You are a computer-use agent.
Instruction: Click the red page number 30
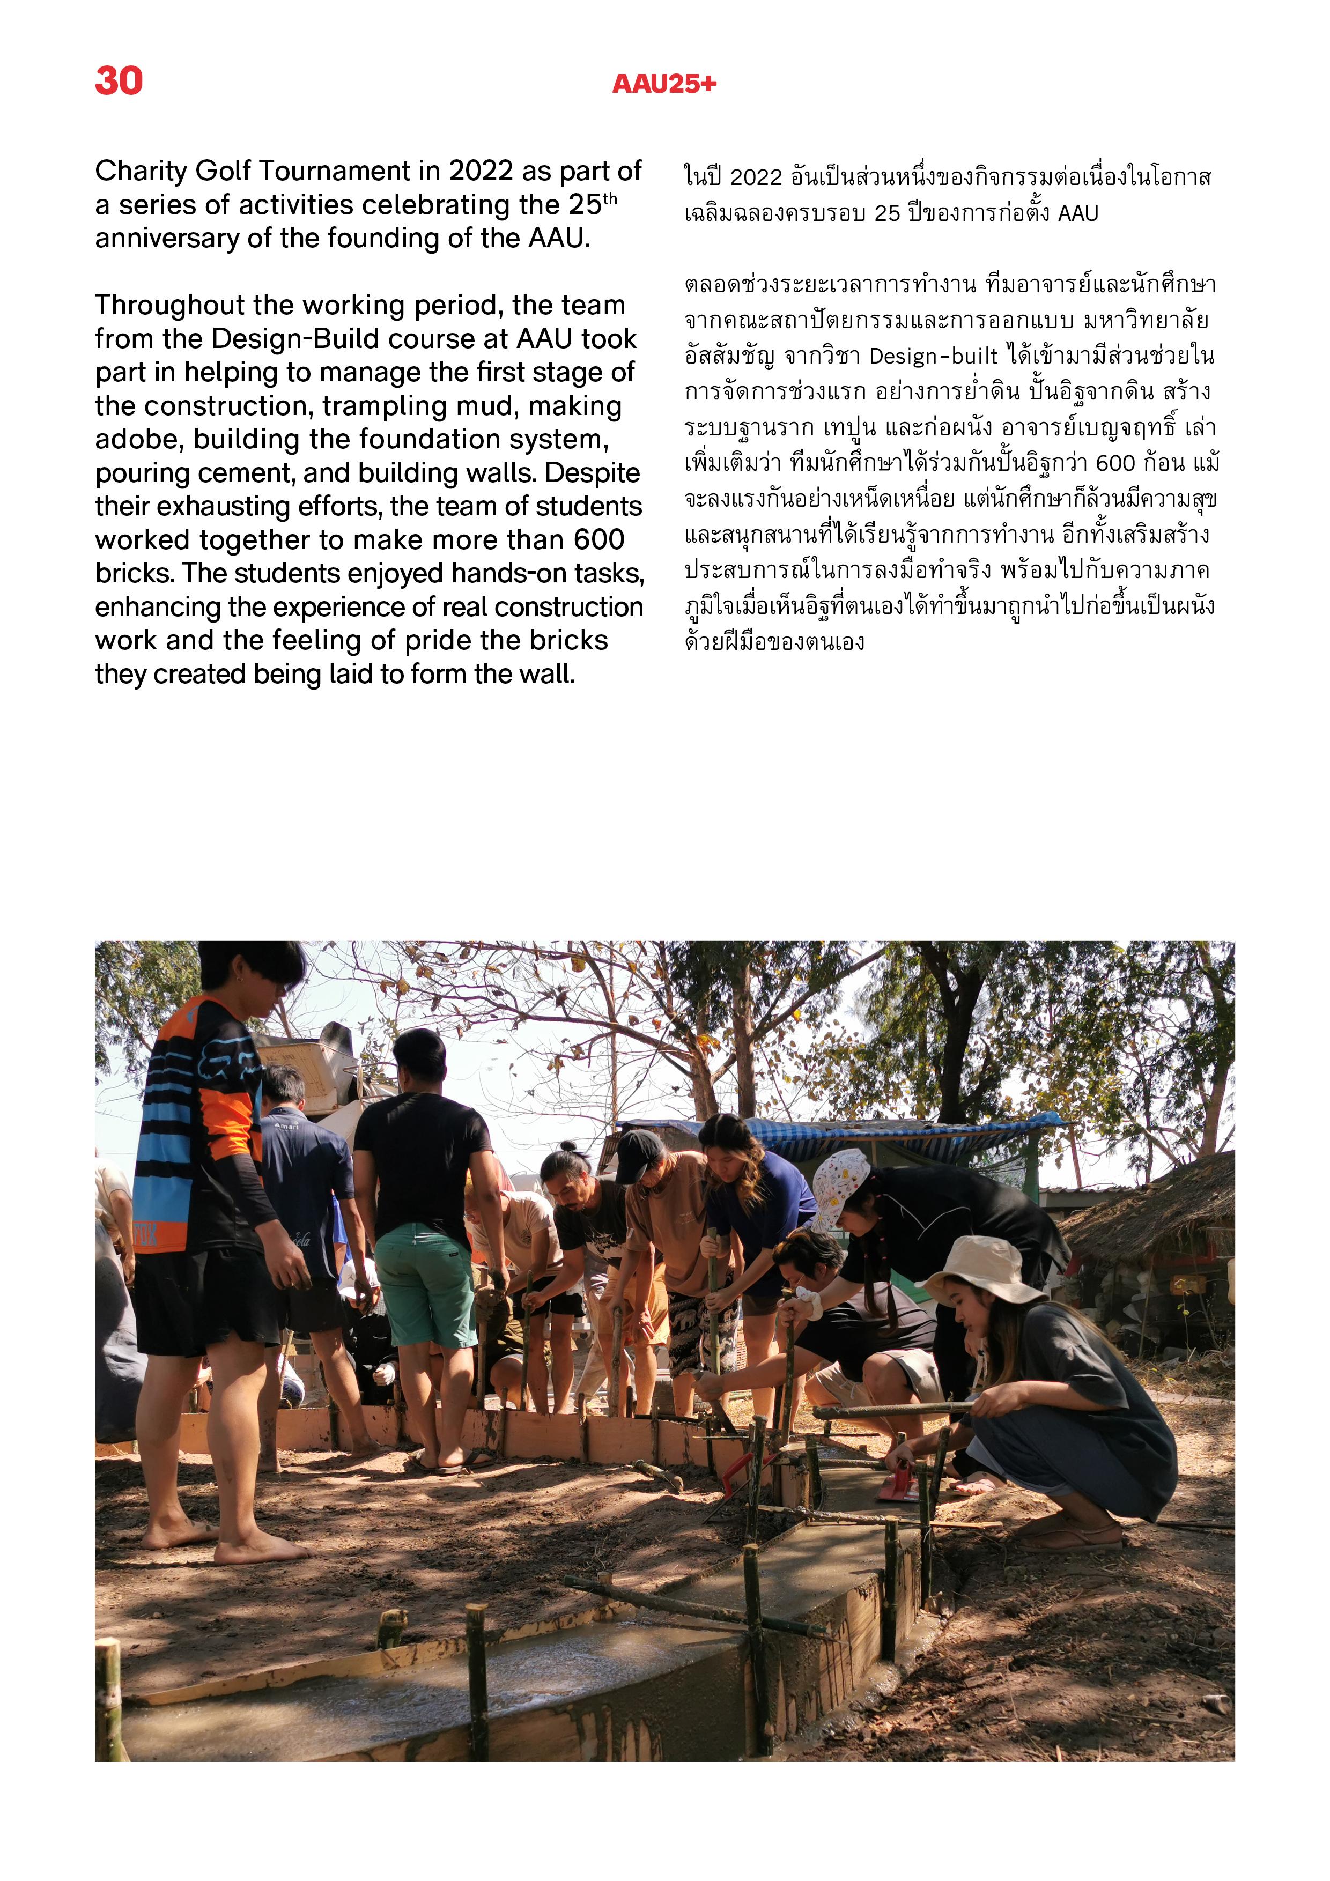[x=119, y=81]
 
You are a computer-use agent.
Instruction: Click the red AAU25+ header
[x=664, y=84]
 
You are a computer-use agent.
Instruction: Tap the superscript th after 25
[x=610, y=198]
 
